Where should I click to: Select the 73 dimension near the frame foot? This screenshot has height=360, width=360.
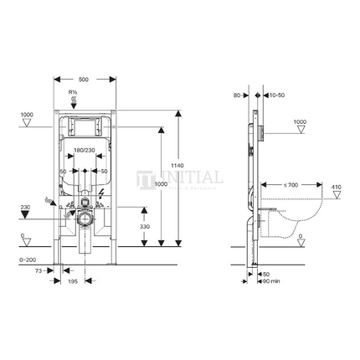pyautogui.click(x=39, y=273)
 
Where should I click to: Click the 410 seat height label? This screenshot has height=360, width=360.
pyautogui.click(x=336, y=188)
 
